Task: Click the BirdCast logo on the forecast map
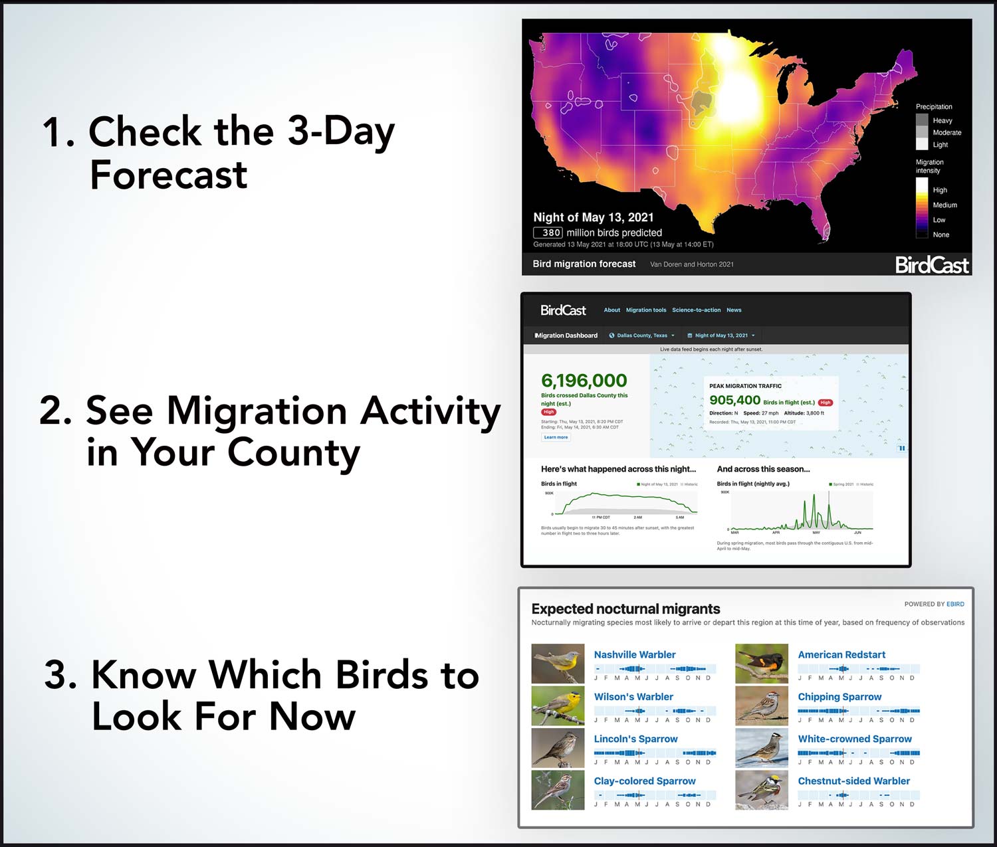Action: coord(931,265)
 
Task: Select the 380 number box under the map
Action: coord(548,233)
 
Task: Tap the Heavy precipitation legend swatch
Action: coord(922,120)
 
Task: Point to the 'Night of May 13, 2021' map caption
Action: coord(593,217)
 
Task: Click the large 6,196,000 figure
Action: coord(584,381)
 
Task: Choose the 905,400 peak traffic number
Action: coord(734,400)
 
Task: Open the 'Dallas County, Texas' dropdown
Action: coord(642,335)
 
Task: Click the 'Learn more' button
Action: coord(556,437)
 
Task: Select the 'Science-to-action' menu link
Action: coord(696,310)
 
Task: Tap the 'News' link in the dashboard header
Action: coord(734,310)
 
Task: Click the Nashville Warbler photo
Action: coord(558,663)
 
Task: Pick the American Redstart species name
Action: coord(841,654)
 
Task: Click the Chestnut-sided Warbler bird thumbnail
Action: coord(762,789)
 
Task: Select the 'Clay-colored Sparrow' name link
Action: coord(644,781)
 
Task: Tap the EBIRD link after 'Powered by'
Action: coord(955,604)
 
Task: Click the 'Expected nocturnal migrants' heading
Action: coord(625,609)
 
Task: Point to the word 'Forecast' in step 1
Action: coord(169,175)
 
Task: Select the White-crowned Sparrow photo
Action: coord(762,747)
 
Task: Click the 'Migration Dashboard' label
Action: coord(566,335)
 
